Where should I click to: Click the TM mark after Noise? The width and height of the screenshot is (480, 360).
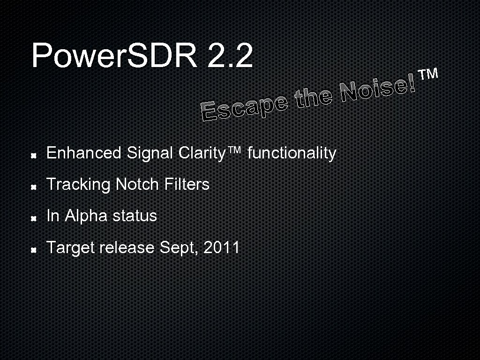428,74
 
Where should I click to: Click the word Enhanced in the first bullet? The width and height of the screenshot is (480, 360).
84,153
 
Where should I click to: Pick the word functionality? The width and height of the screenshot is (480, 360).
292,153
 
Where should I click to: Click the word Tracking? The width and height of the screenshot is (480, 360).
78,184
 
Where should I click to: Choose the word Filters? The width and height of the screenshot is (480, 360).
187,184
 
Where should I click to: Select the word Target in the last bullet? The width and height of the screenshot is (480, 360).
71,247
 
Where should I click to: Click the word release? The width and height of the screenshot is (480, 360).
127,247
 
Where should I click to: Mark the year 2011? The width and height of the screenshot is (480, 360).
222,247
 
